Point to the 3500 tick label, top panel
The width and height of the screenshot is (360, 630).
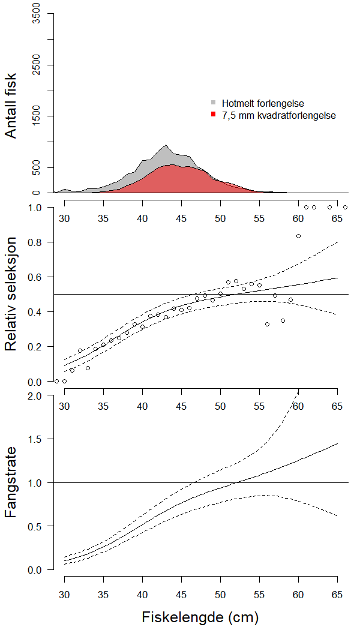coord(36,14)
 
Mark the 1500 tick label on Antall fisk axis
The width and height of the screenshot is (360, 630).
coord(36,116)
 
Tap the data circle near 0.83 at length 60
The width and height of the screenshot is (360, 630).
coord(298,236)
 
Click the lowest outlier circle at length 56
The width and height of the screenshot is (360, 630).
coord(267,324)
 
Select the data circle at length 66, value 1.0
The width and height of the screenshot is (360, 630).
coord(345,208)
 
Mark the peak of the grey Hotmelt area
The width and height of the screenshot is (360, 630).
coord(166,145)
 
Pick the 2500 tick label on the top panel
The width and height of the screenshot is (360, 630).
coord(36,65)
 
